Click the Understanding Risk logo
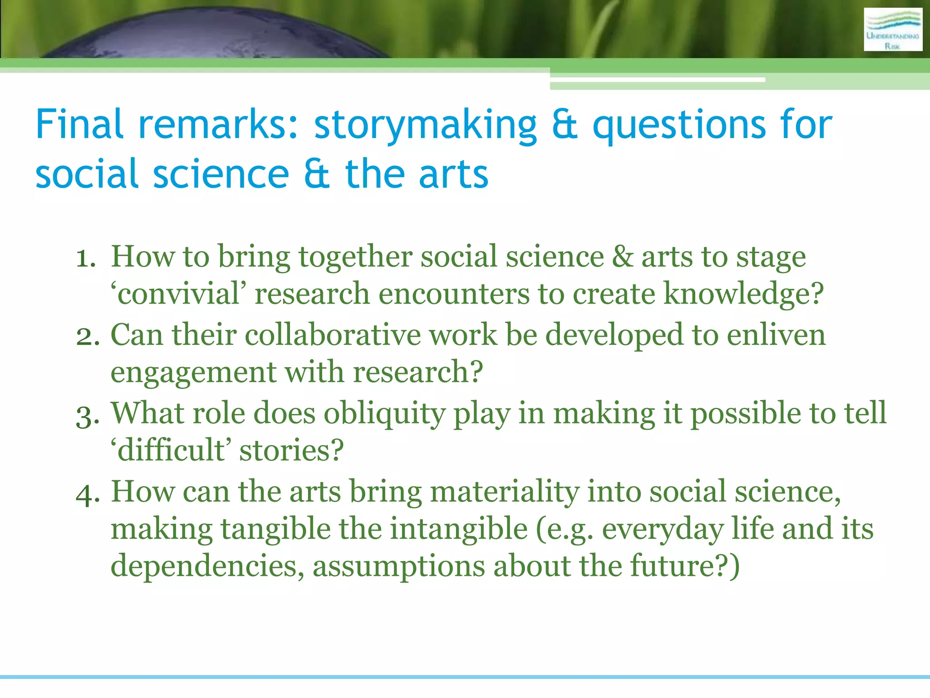tap(893, 30)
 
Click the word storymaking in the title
tap(425, 125)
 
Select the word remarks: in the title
tap(218, 125)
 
